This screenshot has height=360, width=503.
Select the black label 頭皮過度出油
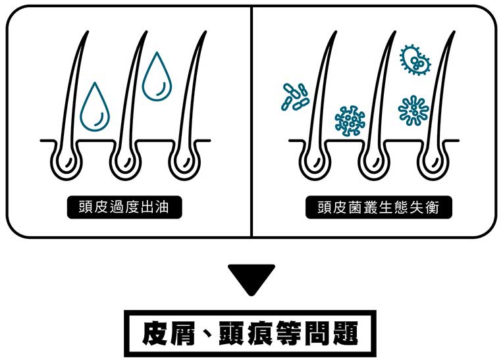tap(124, 207)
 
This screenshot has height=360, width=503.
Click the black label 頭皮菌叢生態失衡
tap(377, 207)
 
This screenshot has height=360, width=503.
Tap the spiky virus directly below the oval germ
tap(413, 110)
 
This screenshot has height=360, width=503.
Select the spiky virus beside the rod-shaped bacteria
tap(350, 120)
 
